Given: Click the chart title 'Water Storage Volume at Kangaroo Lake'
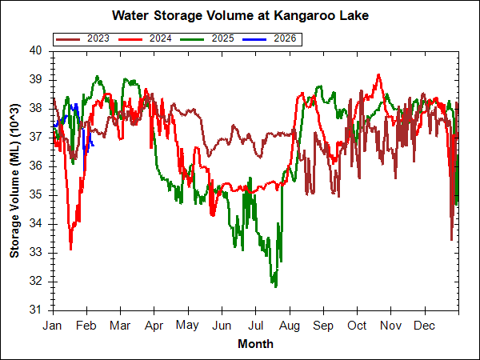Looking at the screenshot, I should (239, 15).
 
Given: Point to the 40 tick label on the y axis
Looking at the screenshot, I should (35, 50).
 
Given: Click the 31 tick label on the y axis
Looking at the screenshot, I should (35, 310).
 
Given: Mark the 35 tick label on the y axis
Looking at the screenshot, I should (35, 195).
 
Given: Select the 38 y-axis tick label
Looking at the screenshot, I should (35, 108).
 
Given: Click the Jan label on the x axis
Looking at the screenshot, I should (53, 326).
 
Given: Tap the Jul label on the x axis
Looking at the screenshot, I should (255, 326).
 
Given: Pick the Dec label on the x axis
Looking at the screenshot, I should (425, 326).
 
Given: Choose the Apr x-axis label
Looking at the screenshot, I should (154, 326).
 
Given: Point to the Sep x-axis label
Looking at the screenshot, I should (323, 326).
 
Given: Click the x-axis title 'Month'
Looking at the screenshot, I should (255, 344).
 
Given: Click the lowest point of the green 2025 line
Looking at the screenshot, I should (275, 286).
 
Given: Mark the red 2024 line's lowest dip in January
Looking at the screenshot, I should (70, 249).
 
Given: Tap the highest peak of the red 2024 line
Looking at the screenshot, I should (378, 74).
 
